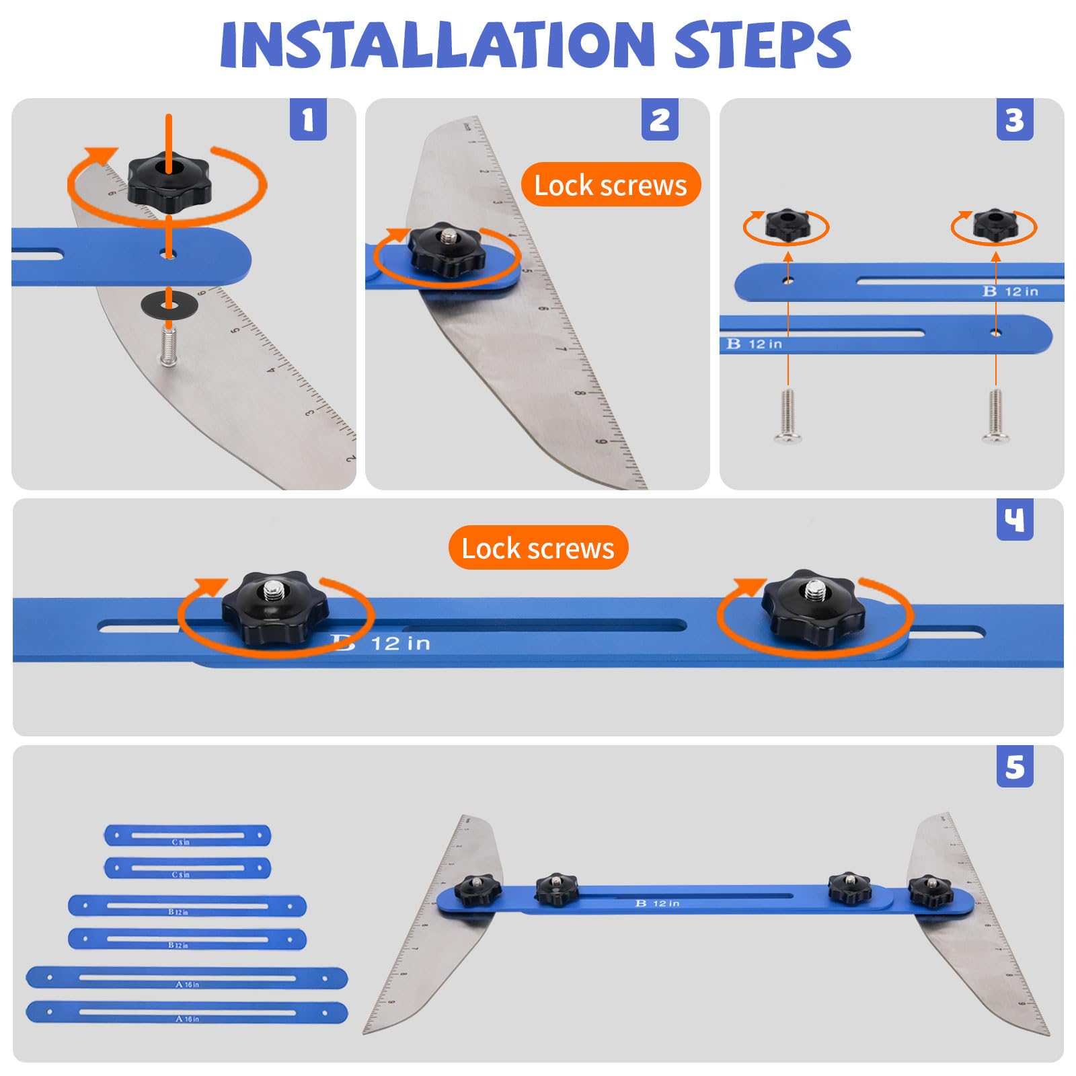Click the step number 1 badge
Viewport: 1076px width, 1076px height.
(308, 120)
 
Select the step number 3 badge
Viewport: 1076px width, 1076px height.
(1014, 120)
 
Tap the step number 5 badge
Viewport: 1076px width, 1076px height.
(1014, 767)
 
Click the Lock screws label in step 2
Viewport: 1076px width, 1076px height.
(611, 185)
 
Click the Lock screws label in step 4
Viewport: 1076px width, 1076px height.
(538, 548)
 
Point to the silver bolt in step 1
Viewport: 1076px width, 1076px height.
(168, 346)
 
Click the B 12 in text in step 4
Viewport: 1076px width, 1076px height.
(383, 644)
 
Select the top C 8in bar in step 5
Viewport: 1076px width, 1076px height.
(187, 835)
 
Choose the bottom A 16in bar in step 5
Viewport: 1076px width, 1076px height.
(187, 1012)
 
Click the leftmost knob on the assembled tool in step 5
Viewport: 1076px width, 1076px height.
(477, 890)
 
